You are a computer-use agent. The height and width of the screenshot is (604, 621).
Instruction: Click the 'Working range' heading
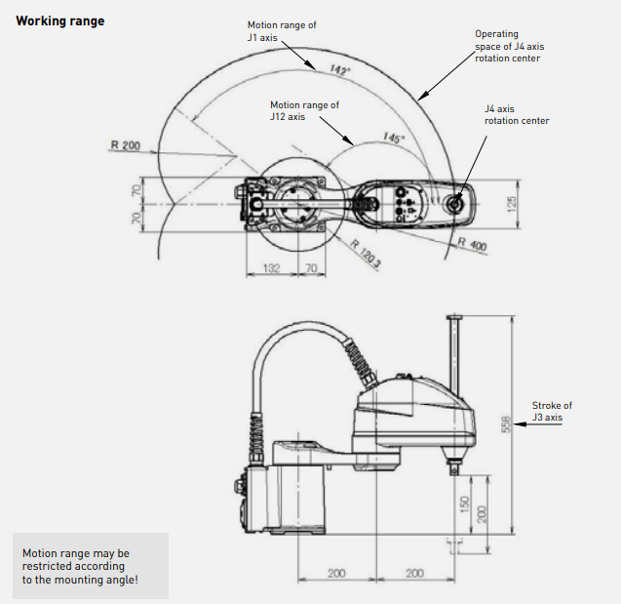click(60, 20)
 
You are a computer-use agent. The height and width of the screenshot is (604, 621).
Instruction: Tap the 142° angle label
click(340, 69)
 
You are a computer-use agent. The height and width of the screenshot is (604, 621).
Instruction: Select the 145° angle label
click(394, 138)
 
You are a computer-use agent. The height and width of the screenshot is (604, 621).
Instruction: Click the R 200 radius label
click(126, 145)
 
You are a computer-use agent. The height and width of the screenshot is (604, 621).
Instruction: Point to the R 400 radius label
click(472, 244)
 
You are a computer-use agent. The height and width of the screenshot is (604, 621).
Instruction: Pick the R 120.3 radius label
click(366, 254)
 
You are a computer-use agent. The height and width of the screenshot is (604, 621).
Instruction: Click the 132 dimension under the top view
click(271, 268)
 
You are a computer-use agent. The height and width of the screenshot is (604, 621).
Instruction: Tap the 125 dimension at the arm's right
click(511, 204)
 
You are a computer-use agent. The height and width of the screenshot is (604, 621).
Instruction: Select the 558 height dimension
click(507, 424)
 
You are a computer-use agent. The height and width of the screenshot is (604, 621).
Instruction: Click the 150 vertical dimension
click(465, 504)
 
